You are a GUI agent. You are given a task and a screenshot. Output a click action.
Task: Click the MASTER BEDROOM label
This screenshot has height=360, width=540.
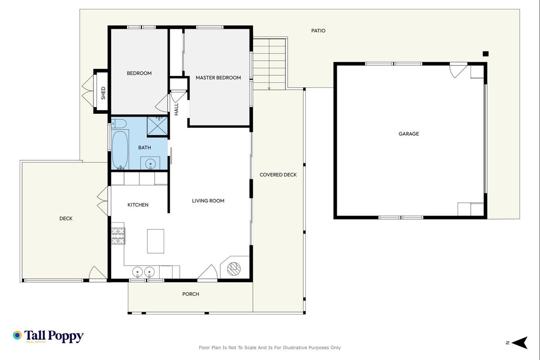pyautogui.click(x=218, y=78)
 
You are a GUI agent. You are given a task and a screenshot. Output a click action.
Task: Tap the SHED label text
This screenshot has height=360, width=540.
pyautogui.click(x=103, y=93)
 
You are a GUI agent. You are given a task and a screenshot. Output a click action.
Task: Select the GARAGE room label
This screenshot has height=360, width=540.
pyautogui.click(x=409, y=134)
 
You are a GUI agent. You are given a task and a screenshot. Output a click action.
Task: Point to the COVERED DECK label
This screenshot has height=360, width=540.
pyautogui.click(x=278, y=175)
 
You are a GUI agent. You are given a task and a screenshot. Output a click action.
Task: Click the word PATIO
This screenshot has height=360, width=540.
pyautogui.click(x=318, y=31)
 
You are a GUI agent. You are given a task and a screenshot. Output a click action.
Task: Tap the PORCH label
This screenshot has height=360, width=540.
pyautogui.click(x=191, y=294)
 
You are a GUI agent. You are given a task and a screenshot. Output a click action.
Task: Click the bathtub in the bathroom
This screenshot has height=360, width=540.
pyautogui.click(x=120, y=149)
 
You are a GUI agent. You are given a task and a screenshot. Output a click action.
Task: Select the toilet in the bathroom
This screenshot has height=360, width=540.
pyautogui.click(x=119, y=124)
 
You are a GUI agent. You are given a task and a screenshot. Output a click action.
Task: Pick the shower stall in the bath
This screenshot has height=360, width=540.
pyautogui.click(x=157, y=126)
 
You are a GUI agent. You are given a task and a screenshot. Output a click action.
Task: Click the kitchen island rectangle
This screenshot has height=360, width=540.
pyautogui.click(x=156, y=241)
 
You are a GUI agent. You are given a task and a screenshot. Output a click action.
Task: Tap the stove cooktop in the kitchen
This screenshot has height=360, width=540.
pyautogui.click(x=118, y=236)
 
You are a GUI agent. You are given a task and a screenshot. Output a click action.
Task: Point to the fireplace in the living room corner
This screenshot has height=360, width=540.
pyautogui.click(x=234, y=268)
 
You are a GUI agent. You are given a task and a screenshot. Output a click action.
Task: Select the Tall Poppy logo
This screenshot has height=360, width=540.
pyautogui.click(x=48, y=336)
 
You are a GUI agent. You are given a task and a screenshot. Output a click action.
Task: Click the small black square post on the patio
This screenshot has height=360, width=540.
pyautogui.click(x=486, y=54)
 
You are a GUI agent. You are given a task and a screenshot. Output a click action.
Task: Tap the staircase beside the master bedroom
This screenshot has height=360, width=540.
pyautogui.click(x=269, y=64)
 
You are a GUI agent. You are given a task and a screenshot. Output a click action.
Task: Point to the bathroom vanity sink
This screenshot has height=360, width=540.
pyautogui.click(x=150, y=163)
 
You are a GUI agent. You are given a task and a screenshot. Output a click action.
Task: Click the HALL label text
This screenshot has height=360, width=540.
pyautogui.click(x=176, y=109)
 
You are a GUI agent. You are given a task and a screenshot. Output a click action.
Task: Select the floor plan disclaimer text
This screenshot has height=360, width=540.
pyautogui.click(x=269, y=347)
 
